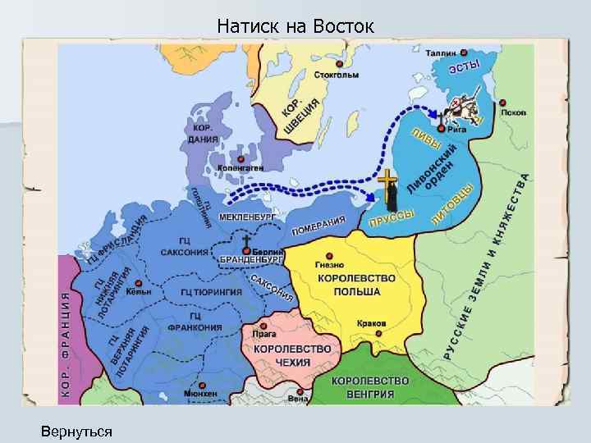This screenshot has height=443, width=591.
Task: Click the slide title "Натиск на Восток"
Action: pyautogui.click(x=295, y=27)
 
